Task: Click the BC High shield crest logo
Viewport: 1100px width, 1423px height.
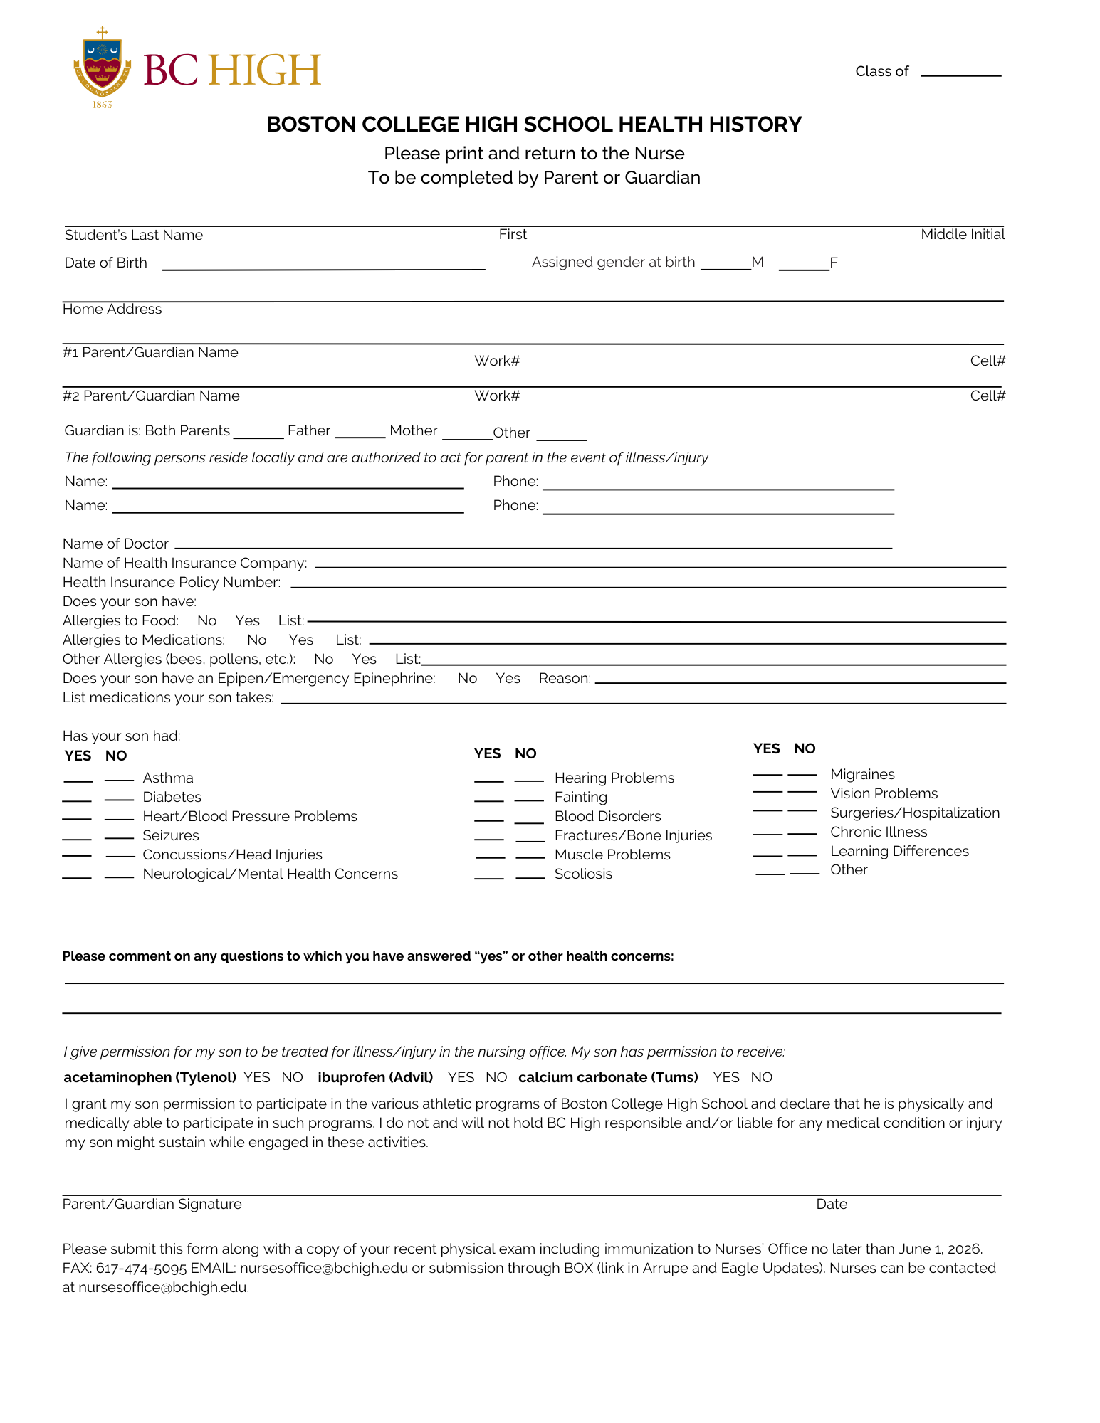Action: pyautogui.click(x=103, y=68)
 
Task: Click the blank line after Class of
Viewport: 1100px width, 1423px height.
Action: pyautogui.click(x=960, y=73)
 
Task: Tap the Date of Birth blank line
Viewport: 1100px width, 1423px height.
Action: pyautogui.click(x=323, y=266)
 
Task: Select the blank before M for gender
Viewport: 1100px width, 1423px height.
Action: pyautogui.click(x=726, y=266)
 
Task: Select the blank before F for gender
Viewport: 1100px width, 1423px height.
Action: pyautogui.click(x=804, y=266)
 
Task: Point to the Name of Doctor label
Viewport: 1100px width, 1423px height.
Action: pyautogui.click(x=115, y=544)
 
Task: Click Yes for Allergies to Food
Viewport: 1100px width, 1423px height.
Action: pyautogui.click(x=248, y=620)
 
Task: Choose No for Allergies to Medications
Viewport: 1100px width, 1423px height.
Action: pyautogui.click(x=256, y=640)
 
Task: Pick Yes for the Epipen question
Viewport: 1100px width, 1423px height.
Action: pyautogui.click(x=508, y=678)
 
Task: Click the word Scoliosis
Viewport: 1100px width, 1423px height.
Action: pyautogui.click(x=583, y=874)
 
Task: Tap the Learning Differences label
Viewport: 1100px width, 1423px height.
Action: pyautogui.click(x=899, y=851)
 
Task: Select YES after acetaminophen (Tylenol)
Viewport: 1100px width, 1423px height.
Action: pyautogui.click(x=256, y=1077)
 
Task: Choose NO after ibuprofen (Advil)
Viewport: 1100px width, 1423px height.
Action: pyautogui.click(x=496, y=1077)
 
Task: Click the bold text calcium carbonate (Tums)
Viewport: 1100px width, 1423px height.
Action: pyautogui.click(x=608, y=1077)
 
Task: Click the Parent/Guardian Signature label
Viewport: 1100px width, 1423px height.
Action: pyautogui.click(x=152, y=1204)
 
